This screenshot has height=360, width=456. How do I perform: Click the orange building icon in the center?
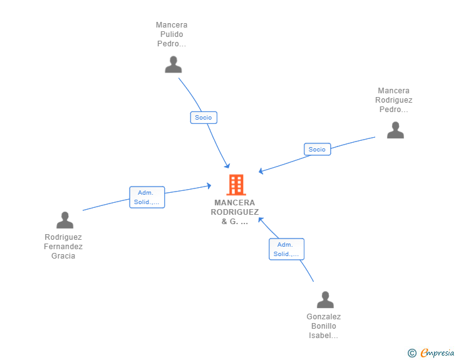coord(236,185)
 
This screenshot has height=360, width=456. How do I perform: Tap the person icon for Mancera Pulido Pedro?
coord(174,64)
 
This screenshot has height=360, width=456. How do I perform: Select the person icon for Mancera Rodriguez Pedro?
coord(395,130)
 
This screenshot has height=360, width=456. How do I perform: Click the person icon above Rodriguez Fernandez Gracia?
coord(65,220)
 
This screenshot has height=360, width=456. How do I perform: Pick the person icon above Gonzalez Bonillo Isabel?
coord(325,299)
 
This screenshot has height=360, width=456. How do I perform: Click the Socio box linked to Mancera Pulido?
coord(204,118)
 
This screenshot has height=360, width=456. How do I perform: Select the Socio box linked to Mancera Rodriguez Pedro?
coord(318,149)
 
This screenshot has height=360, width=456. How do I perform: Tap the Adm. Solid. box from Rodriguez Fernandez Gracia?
coord(147,197)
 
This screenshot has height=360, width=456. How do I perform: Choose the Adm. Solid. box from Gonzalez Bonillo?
coord(286,249)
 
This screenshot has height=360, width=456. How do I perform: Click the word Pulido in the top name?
coord(172,34)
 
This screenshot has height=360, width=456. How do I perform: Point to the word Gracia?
coord(63,256)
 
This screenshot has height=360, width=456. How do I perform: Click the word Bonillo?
coord(324,326)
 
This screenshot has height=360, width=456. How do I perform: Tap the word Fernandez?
coord(63,247)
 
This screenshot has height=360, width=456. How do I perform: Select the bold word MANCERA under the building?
coord(235,203)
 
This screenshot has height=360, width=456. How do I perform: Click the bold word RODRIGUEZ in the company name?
coord(235,212)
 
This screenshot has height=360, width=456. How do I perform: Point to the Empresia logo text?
coord(437,352)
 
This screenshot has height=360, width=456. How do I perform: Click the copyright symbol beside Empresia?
coord(412,353)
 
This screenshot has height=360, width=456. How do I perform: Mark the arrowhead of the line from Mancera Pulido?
coord(227,166)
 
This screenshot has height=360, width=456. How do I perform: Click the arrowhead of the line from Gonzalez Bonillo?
coord(261,220)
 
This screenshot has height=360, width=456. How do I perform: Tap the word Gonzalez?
coord(324,317)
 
